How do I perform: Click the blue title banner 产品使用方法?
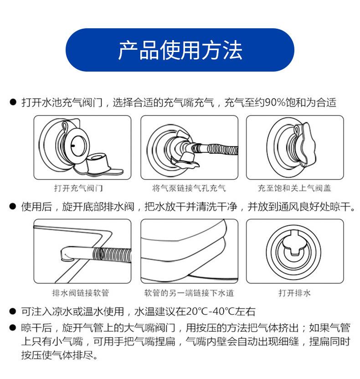tap(180, 50)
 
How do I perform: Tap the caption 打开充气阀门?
tap(78, 188)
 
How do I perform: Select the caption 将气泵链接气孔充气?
tap(189, 188)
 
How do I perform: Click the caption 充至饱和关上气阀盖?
tap(294, 188)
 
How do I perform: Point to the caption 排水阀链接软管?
tap(81, 293)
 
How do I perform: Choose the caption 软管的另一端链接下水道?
tap(189, 293)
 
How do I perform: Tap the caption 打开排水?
tap(294, 293)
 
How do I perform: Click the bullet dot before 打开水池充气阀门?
tap(13, 102)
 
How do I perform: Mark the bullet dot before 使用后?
tap(13, 207)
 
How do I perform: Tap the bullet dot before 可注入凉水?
tap(13, 311)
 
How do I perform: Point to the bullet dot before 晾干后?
tap(13, 328)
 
